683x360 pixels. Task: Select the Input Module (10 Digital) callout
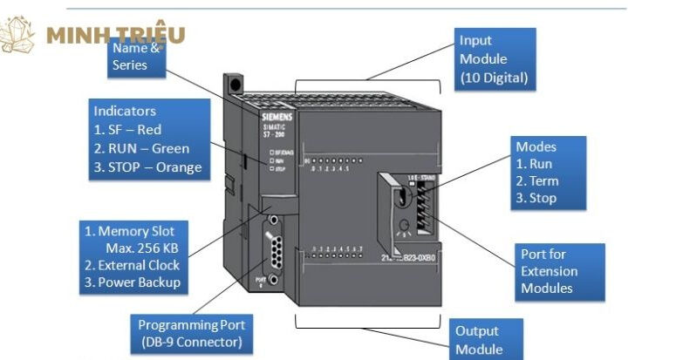pos(495,58)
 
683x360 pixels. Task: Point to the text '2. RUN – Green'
pos(141,148)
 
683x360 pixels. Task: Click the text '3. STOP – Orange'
pos(147,167)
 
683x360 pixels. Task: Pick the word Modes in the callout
pos(536,146)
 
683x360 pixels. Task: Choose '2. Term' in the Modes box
pos(537,181)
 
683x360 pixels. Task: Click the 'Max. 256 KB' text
pos(139,248)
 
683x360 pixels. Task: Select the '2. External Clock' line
pos(133,265)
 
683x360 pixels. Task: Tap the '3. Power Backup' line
pos(133,282)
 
